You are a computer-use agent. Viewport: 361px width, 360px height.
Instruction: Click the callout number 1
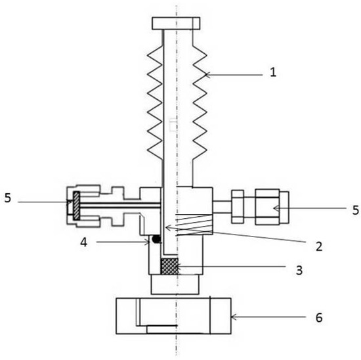pos(273,73)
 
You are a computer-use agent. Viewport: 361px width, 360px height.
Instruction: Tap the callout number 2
pos(319,246)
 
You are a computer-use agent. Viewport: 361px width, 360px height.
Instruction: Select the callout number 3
pos(299,270)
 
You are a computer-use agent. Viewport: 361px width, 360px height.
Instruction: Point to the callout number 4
pos(84,242)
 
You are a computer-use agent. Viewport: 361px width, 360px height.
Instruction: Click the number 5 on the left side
pos(8,198)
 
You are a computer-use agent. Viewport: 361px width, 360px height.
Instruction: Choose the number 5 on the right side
pos(356,210)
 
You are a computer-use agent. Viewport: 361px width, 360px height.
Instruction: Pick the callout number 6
pos(319,318)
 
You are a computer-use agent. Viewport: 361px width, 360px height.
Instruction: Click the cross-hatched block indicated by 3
pos(170,266)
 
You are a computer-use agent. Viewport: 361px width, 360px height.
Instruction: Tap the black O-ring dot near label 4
pos(157,238)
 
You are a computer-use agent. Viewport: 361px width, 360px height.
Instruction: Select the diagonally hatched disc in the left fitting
pos(76,206)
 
